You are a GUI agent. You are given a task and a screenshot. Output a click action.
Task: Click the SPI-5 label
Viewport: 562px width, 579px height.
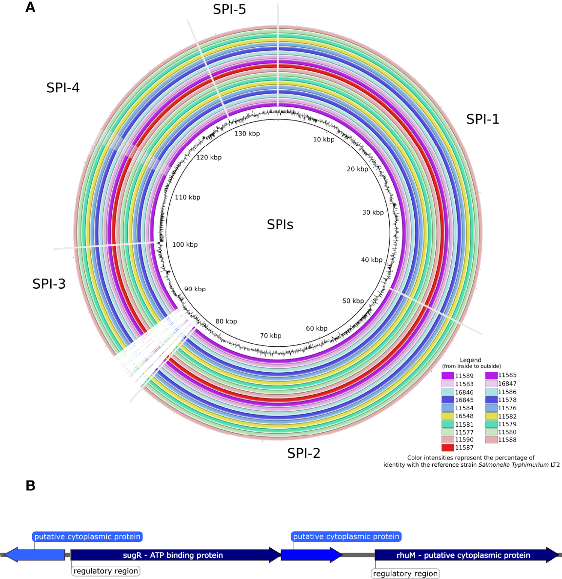[x=229, y=9]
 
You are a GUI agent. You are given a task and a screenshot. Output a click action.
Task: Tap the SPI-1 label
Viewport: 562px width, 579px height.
[x=482, y=119]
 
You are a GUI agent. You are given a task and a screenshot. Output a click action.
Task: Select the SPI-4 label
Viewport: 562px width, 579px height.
[x=63, y=88]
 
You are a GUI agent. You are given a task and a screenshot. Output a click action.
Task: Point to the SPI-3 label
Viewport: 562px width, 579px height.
[x=49, y=284]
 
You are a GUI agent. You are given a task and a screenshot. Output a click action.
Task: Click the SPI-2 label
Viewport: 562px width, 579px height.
[x=303, y=453]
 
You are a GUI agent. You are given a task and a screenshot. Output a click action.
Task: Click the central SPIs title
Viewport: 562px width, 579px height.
[x=280, y=224]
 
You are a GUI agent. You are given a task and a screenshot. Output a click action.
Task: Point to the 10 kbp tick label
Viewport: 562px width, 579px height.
[x=323, y=140]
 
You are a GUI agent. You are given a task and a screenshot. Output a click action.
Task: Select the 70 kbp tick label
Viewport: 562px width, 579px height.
[x=270, y=336]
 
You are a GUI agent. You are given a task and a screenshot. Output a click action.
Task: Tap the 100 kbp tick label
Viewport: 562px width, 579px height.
[x=185, y=244]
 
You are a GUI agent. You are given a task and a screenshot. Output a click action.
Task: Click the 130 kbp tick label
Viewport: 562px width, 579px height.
[x=247, y=133]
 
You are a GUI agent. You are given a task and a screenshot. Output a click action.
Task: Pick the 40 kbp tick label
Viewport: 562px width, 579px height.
[x=372, y=260]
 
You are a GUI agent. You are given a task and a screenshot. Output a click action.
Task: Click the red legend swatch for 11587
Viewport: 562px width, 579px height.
[x=447, y=448]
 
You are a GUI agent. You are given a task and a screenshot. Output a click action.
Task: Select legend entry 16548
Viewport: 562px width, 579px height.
[x=464, y=416]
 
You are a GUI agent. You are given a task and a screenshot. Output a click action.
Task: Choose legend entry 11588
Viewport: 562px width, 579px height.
[x=507, y=440]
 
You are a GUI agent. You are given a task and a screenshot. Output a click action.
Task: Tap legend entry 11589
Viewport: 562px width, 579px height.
[x=464, y=376]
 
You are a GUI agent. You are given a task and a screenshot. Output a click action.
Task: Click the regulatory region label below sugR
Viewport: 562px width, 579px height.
[x=106, y=571]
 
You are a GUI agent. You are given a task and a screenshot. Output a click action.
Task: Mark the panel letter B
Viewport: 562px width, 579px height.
[x=30, y=486]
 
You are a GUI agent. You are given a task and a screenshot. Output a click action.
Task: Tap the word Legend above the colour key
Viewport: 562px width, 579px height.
[x=470, y=360]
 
